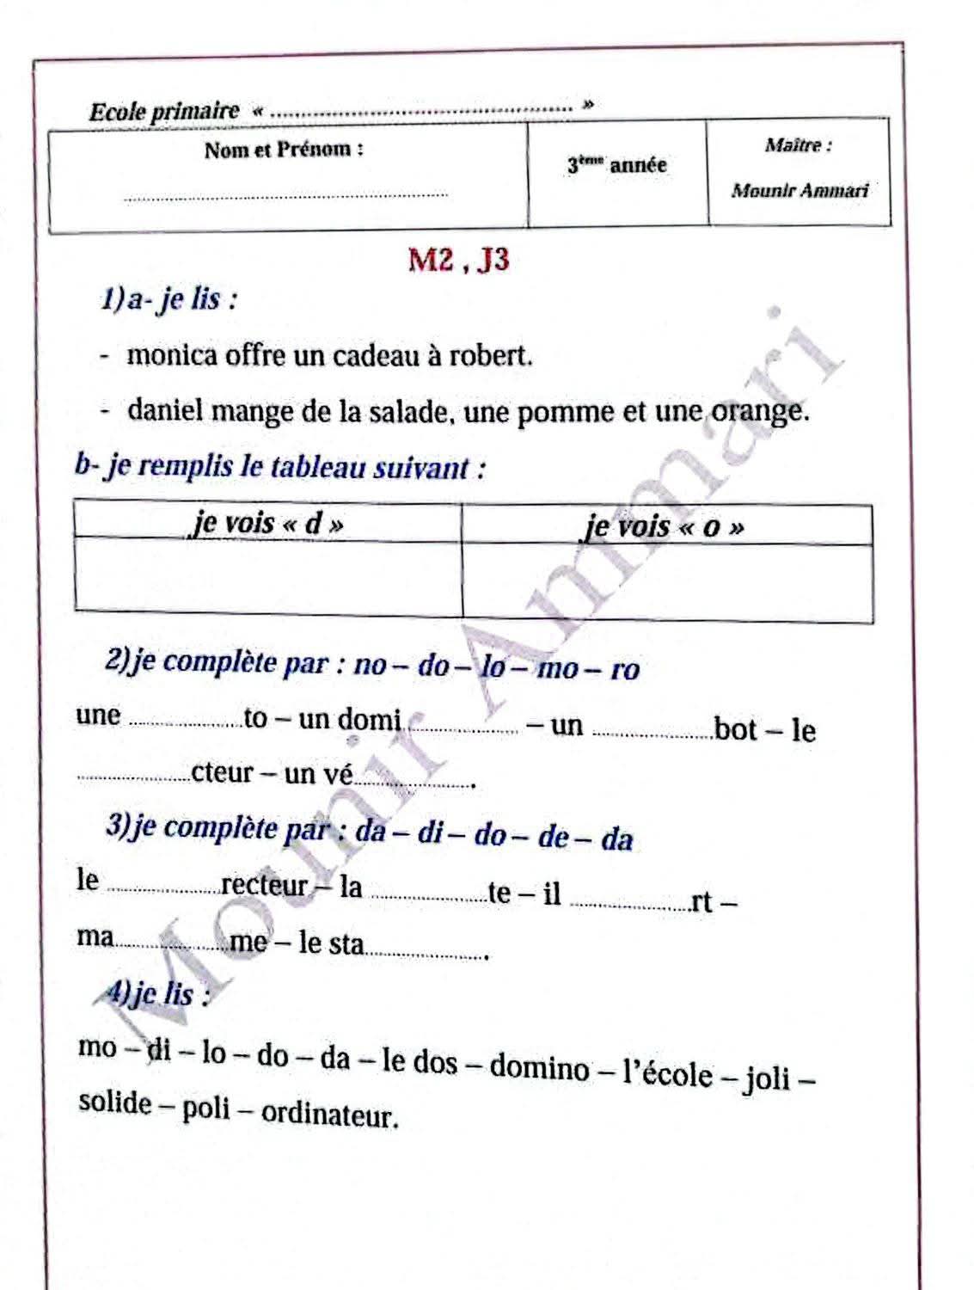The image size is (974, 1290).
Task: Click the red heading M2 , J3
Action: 458,259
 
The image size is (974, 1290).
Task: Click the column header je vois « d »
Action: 267,522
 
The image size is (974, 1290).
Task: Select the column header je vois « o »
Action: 663,525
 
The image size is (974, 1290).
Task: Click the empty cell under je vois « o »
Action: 667,580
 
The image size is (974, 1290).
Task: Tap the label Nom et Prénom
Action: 284,150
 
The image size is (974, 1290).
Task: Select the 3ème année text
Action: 616,164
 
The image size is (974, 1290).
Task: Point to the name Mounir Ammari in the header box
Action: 799,190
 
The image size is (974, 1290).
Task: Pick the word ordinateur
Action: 329,1115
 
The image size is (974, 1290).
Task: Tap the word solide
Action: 115,1102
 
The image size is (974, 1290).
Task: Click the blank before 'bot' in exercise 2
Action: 652,734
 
